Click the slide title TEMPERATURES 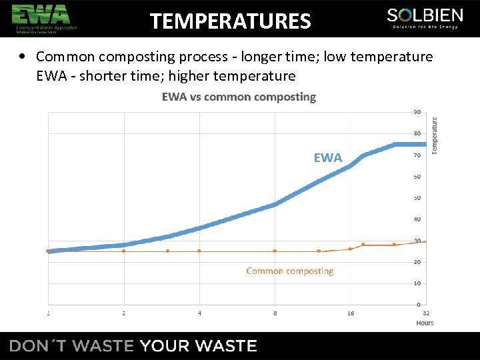click(x=230, y=22)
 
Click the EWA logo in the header click(x=41, y=18)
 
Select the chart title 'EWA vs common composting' click(x=239, y=97)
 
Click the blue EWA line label click(x=327, y=158)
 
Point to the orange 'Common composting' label click(x=289, y=271)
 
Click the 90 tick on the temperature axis click(x=417, y=112)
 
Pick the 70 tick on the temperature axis click(x=417, y=155)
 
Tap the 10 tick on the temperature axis click(x=417, y=283)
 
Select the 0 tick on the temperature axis click(x=418, y=305)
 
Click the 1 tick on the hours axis click(x=48, y=313)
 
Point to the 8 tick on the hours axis click(x=275, y=313)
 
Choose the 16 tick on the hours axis click(x=351, y=313)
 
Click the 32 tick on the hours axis click(x=425, y=313)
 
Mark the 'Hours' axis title click(x=425, y=323)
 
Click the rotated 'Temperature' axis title click(x=435, y=136)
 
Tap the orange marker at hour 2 click(x=123, y=251)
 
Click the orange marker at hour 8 click(x=275, y=251)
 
